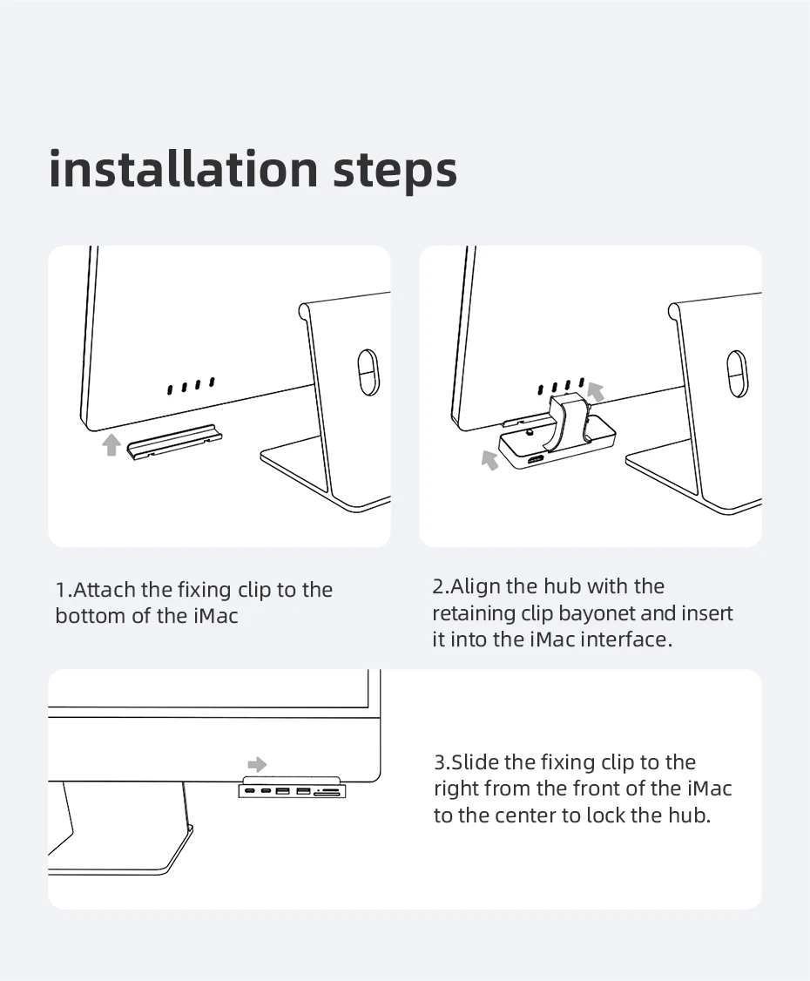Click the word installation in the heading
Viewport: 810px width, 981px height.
point(184,169)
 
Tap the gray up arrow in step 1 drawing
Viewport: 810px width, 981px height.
point(111,445)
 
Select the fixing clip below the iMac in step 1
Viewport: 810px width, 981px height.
point(174,442)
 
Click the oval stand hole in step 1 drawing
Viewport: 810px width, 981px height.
point(368,372)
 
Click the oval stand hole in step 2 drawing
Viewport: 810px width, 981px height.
point(738,372)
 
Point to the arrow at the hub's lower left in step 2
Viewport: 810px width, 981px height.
point(489,459)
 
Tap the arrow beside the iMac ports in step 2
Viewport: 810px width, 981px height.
point(596,392)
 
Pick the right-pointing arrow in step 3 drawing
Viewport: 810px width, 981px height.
point(257,764)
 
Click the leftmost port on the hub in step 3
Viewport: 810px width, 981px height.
point(250,792)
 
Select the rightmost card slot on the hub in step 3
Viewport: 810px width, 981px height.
point(327,793)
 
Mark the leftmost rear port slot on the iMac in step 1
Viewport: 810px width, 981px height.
point(170,389)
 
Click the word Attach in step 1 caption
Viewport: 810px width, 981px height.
point(105,589)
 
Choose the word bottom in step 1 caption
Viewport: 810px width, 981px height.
point(90,616)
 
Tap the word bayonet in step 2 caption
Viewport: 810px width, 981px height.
point(597,613)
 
